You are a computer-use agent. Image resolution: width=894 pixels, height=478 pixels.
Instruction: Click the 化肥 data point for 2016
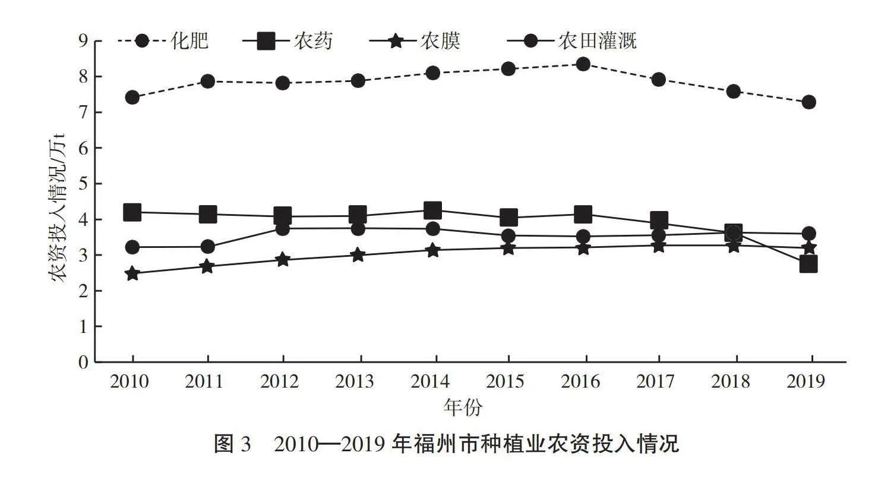583,64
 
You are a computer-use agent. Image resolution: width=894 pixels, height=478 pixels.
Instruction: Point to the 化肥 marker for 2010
132,97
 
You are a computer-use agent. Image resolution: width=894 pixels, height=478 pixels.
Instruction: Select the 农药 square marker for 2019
808,264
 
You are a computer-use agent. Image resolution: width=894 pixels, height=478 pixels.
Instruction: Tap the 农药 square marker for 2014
433,210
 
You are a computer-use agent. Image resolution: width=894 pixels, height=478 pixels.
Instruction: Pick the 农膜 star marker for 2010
132,273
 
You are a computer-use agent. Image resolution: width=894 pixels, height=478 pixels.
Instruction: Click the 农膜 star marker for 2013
358,255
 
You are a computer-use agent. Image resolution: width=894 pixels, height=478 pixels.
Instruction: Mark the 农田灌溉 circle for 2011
208,246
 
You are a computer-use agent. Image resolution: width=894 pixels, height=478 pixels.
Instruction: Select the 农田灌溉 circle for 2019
808,233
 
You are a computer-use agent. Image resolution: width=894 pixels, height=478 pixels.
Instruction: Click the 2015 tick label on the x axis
508,381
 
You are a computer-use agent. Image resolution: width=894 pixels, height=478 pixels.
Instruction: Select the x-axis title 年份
463,408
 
